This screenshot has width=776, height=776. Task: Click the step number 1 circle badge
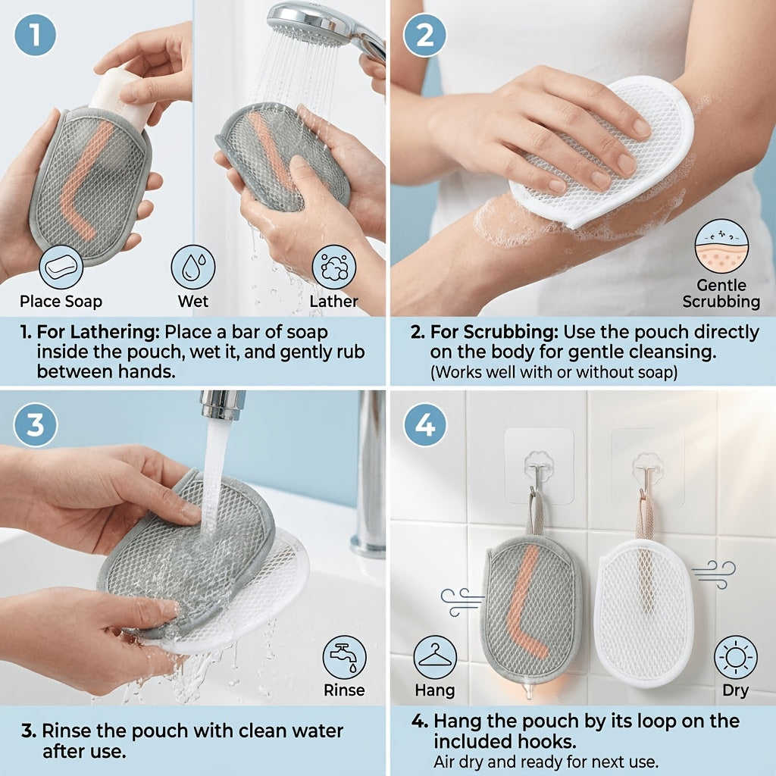point(35,35)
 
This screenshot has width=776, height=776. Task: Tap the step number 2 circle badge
point(424,35)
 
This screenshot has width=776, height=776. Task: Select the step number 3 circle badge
point(35,425)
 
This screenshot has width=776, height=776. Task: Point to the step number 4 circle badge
point(424,425)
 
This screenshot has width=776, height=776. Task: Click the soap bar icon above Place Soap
point(61,268)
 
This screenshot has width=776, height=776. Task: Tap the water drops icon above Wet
point(193,268)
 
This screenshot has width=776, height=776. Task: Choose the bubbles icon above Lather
point(334,268)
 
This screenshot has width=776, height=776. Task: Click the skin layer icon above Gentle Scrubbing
point(721,246)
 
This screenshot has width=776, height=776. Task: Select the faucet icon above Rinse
point(345,657)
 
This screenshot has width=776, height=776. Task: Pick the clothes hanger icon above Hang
point(435,657)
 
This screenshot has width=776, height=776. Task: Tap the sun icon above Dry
point(735,657)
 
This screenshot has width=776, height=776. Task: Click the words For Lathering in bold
point(98,332)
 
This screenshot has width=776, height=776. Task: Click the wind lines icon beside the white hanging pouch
point(714,574)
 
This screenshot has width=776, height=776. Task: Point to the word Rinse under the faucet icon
point(344,690)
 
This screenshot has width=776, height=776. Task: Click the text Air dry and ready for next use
point(546,762)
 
